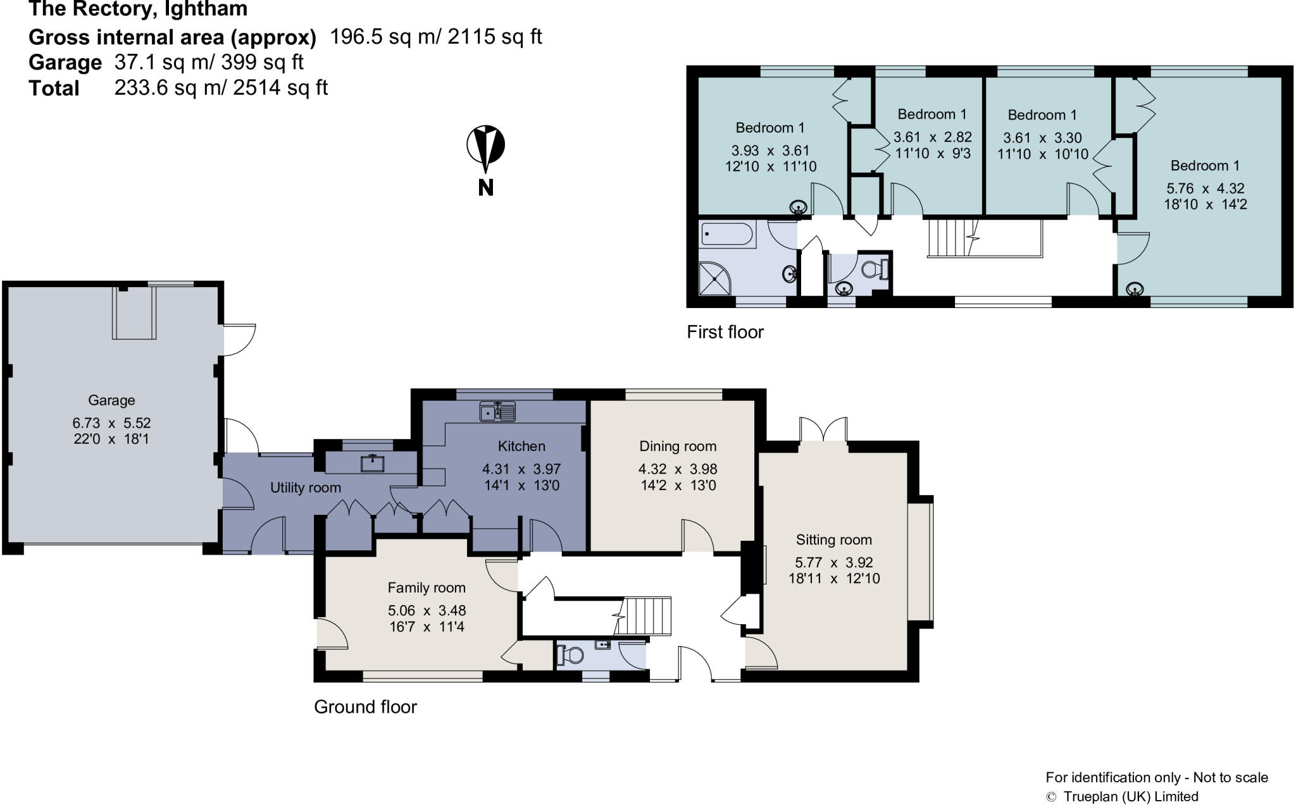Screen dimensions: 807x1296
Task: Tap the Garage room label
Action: (111, 400)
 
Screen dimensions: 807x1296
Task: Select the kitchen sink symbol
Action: (498, 412)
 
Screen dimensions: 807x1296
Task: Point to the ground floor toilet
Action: (570, 655)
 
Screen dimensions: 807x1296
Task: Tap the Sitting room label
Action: (833, 539)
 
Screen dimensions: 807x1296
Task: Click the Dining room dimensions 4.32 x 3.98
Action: (678, 469)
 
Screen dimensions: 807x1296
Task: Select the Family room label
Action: (427, 588)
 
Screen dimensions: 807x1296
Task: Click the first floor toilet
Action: (876, 269)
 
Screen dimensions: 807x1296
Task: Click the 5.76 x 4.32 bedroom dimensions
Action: (1206, 188)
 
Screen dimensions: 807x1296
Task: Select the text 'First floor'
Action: (725, 332)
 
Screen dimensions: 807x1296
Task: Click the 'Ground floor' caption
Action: (365, 706)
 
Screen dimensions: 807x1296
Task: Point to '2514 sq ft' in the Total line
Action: (280, 87)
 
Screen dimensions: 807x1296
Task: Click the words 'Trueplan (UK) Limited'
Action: (1130, 797)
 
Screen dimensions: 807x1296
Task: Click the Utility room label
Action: (305, 488)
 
